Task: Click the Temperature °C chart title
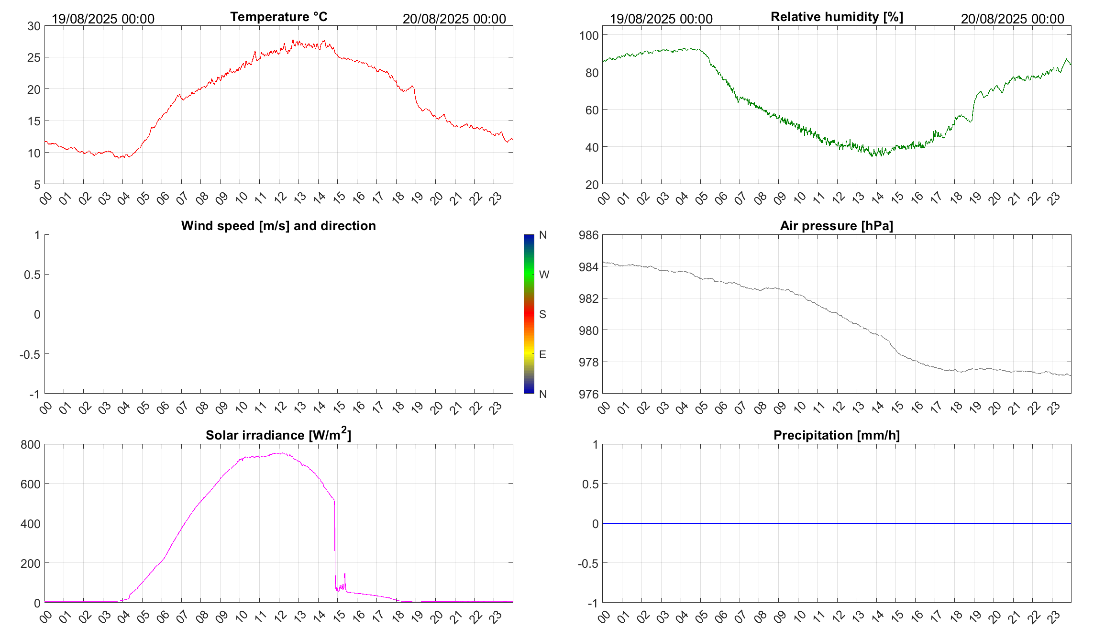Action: [x=278, y=17]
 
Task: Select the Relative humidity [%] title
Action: [x=837, y=17]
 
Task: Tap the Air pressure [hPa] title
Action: [x=836, y=226]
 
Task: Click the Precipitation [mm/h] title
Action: [x=836, y=435]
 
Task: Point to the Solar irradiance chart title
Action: [x=278, y=435]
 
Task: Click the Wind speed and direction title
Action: [x=278, y=226]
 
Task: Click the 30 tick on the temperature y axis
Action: [x=34, y=26]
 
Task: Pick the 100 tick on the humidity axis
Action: [x=588, y=35]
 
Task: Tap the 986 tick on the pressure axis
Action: [x=588, y=235]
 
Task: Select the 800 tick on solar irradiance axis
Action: [x=31, y=445]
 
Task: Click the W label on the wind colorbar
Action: [x=544, y=275]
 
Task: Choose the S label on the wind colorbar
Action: [x=542, y=314]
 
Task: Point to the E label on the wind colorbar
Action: [x=542, y=354]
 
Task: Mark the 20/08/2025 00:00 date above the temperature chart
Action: [x=454, y=19]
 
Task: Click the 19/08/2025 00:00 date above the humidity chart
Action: [x=661, y=19]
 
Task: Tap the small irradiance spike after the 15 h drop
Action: [x=344, y=574]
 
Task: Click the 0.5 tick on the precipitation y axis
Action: [x=590, y=484]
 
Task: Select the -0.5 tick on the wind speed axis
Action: [x=30, y=354]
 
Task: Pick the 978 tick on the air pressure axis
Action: [x=588, y=363]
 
